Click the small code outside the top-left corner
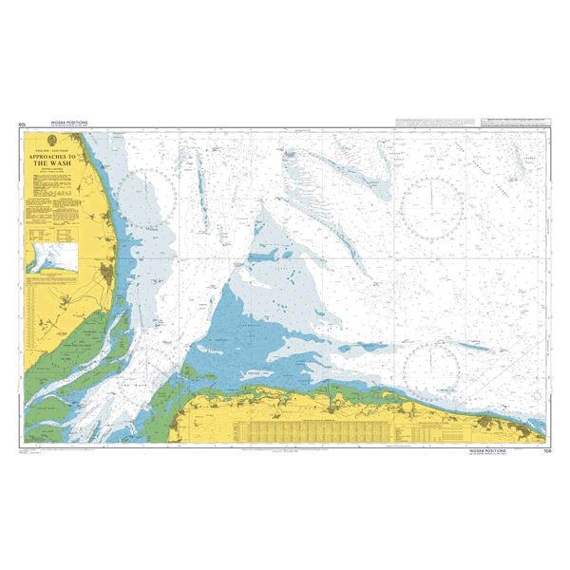tap(21, 124)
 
